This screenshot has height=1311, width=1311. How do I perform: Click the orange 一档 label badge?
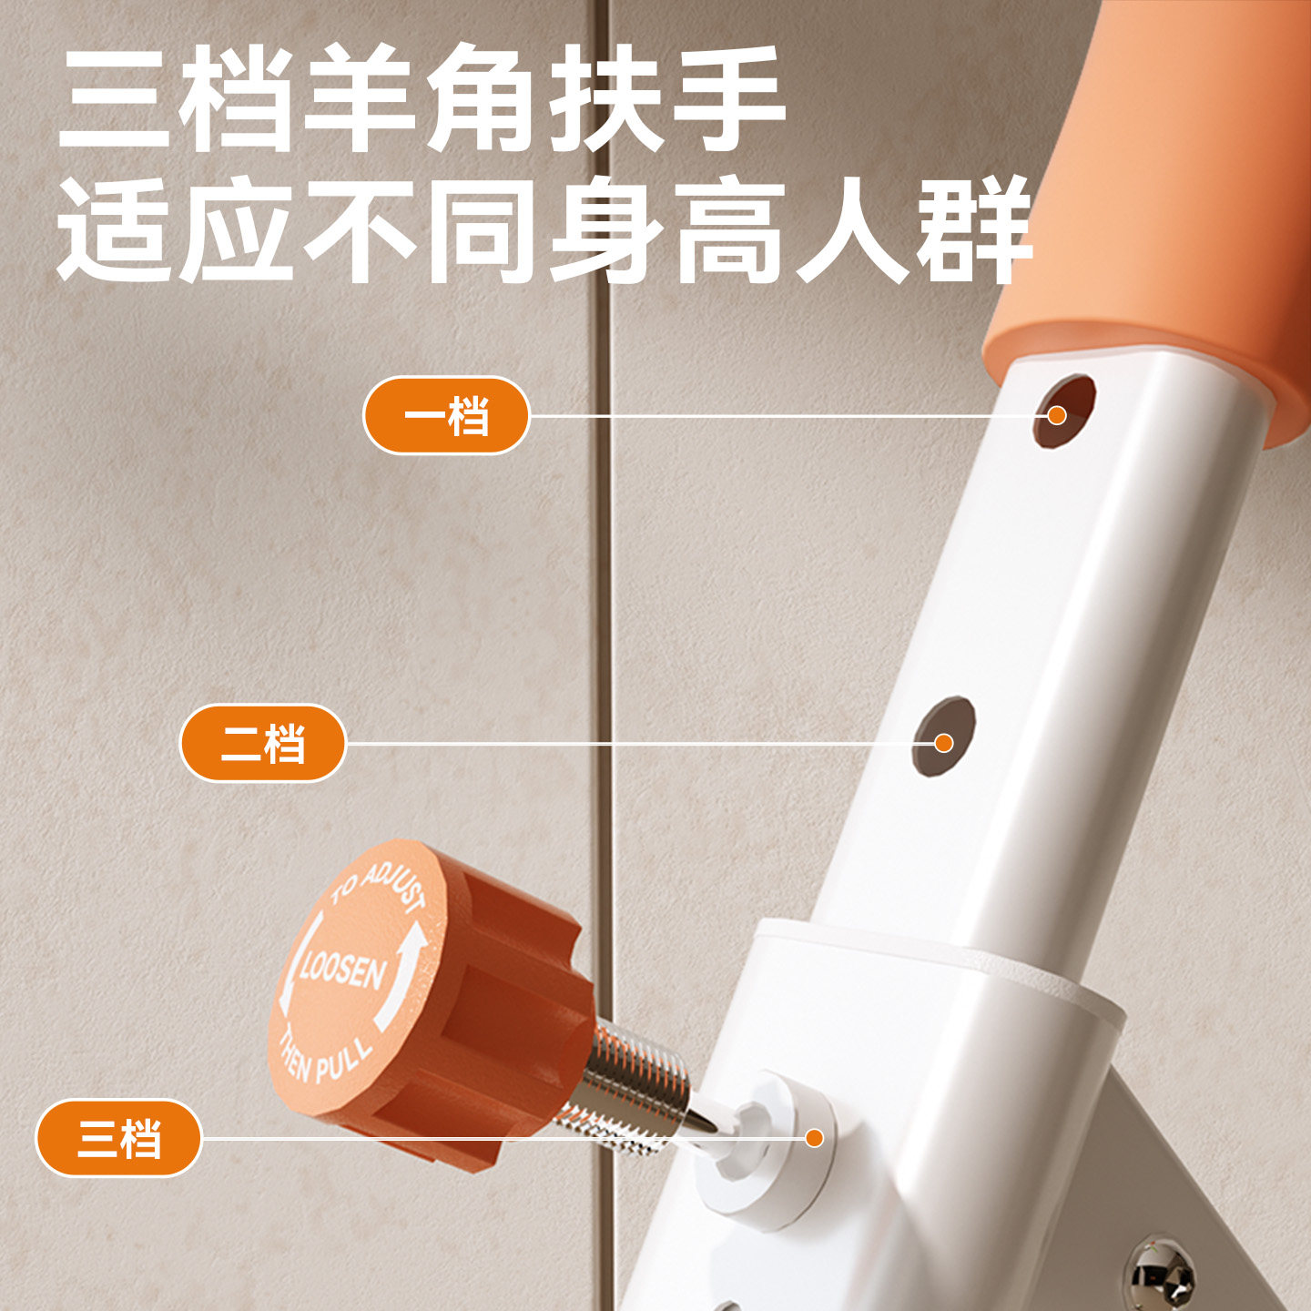coord(446,415)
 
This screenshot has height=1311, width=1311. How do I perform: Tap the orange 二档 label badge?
coord(262,743)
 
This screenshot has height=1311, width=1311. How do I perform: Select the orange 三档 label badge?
coord(119,1137)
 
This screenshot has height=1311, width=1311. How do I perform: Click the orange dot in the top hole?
coord(1057,415)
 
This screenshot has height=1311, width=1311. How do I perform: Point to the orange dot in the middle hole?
coord(943,743)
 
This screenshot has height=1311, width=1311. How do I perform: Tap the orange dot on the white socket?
coord(814,1137)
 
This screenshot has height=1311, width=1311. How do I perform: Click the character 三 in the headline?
coord(114,97)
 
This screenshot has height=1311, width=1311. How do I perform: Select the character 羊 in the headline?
coord(360,97)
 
